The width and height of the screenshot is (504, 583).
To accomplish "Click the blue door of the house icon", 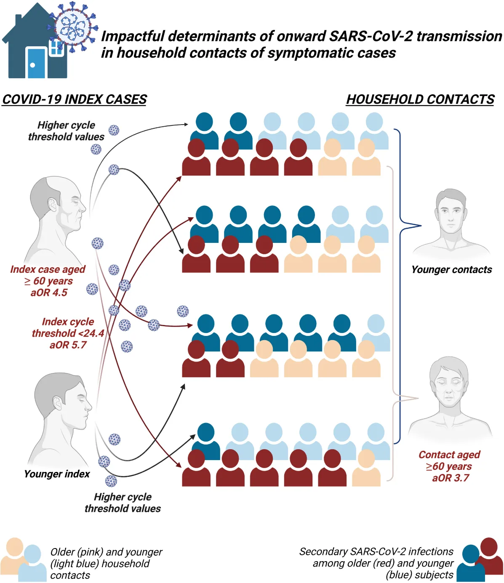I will [36, 63].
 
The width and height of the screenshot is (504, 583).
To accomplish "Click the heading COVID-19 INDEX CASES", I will [75, 100].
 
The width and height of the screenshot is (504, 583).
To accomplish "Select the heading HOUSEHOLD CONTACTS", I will [420, 100].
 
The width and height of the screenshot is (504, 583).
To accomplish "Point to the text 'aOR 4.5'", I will [49, 293].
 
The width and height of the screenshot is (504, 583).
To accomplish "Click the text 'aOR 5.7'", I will [68, 345].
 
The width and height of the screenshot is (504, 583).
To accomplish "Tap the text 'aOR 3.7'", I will [450, 478].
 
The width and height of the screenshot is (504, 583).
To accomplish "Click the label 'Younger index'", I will [57, 474].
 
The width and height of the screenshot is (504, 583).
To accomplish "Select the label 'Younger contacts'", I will [451, 270].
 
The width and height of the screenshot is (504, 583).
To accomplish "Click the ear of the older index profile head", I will [53, 205].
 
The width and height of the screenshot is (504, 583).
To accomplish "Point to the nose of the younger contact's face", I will [451, 218].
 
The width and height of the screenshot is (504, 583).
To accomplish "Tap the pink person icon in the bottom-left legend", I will [13, 555].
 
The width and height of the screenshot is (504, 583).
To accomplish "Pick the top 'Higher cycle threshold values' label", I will [66, 131].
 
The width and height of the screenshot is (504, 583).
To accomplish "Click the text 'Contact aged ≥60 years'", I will [449, 461].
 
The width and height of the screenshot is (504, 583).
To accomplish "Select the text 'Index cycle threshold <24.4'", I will [68, 327].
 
